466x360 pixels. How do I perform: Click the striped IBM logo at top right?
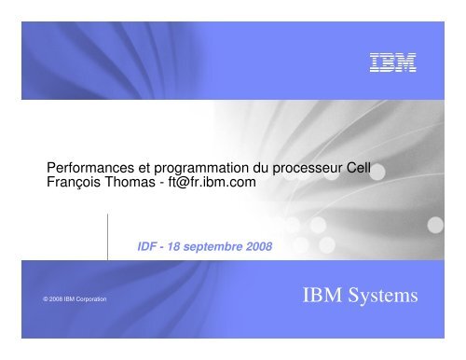tap(393, 63)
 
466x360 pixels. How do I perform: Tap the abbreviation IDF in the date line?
tap(147, 246)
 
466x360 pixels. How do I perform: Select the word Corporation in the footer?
tap(90, 299)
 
